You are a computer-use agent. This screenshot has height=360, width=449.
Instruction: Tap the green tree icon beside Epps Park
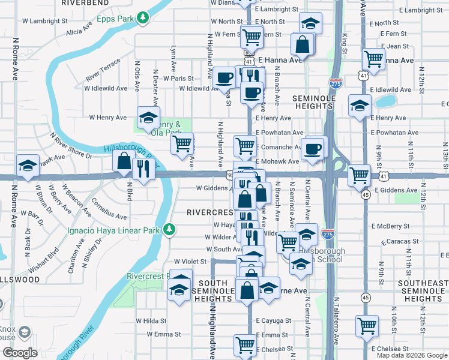pos(143,19)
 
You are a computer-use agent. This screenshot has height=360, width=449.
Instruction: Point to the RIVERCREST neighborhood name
pos(209,212)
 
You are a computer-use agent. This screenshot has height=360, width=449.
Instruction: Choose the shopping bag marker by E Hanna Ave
pos(303,44)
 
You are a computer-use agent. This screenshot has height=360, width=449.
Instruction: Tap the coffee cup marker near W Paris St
pos(224,77)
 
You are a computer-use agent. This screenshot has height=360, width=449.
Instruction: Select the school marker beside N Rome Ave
pos(27,166)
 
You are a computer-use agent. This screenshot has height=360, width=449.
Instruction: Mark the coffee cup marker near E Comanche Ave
pos(313,149)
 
